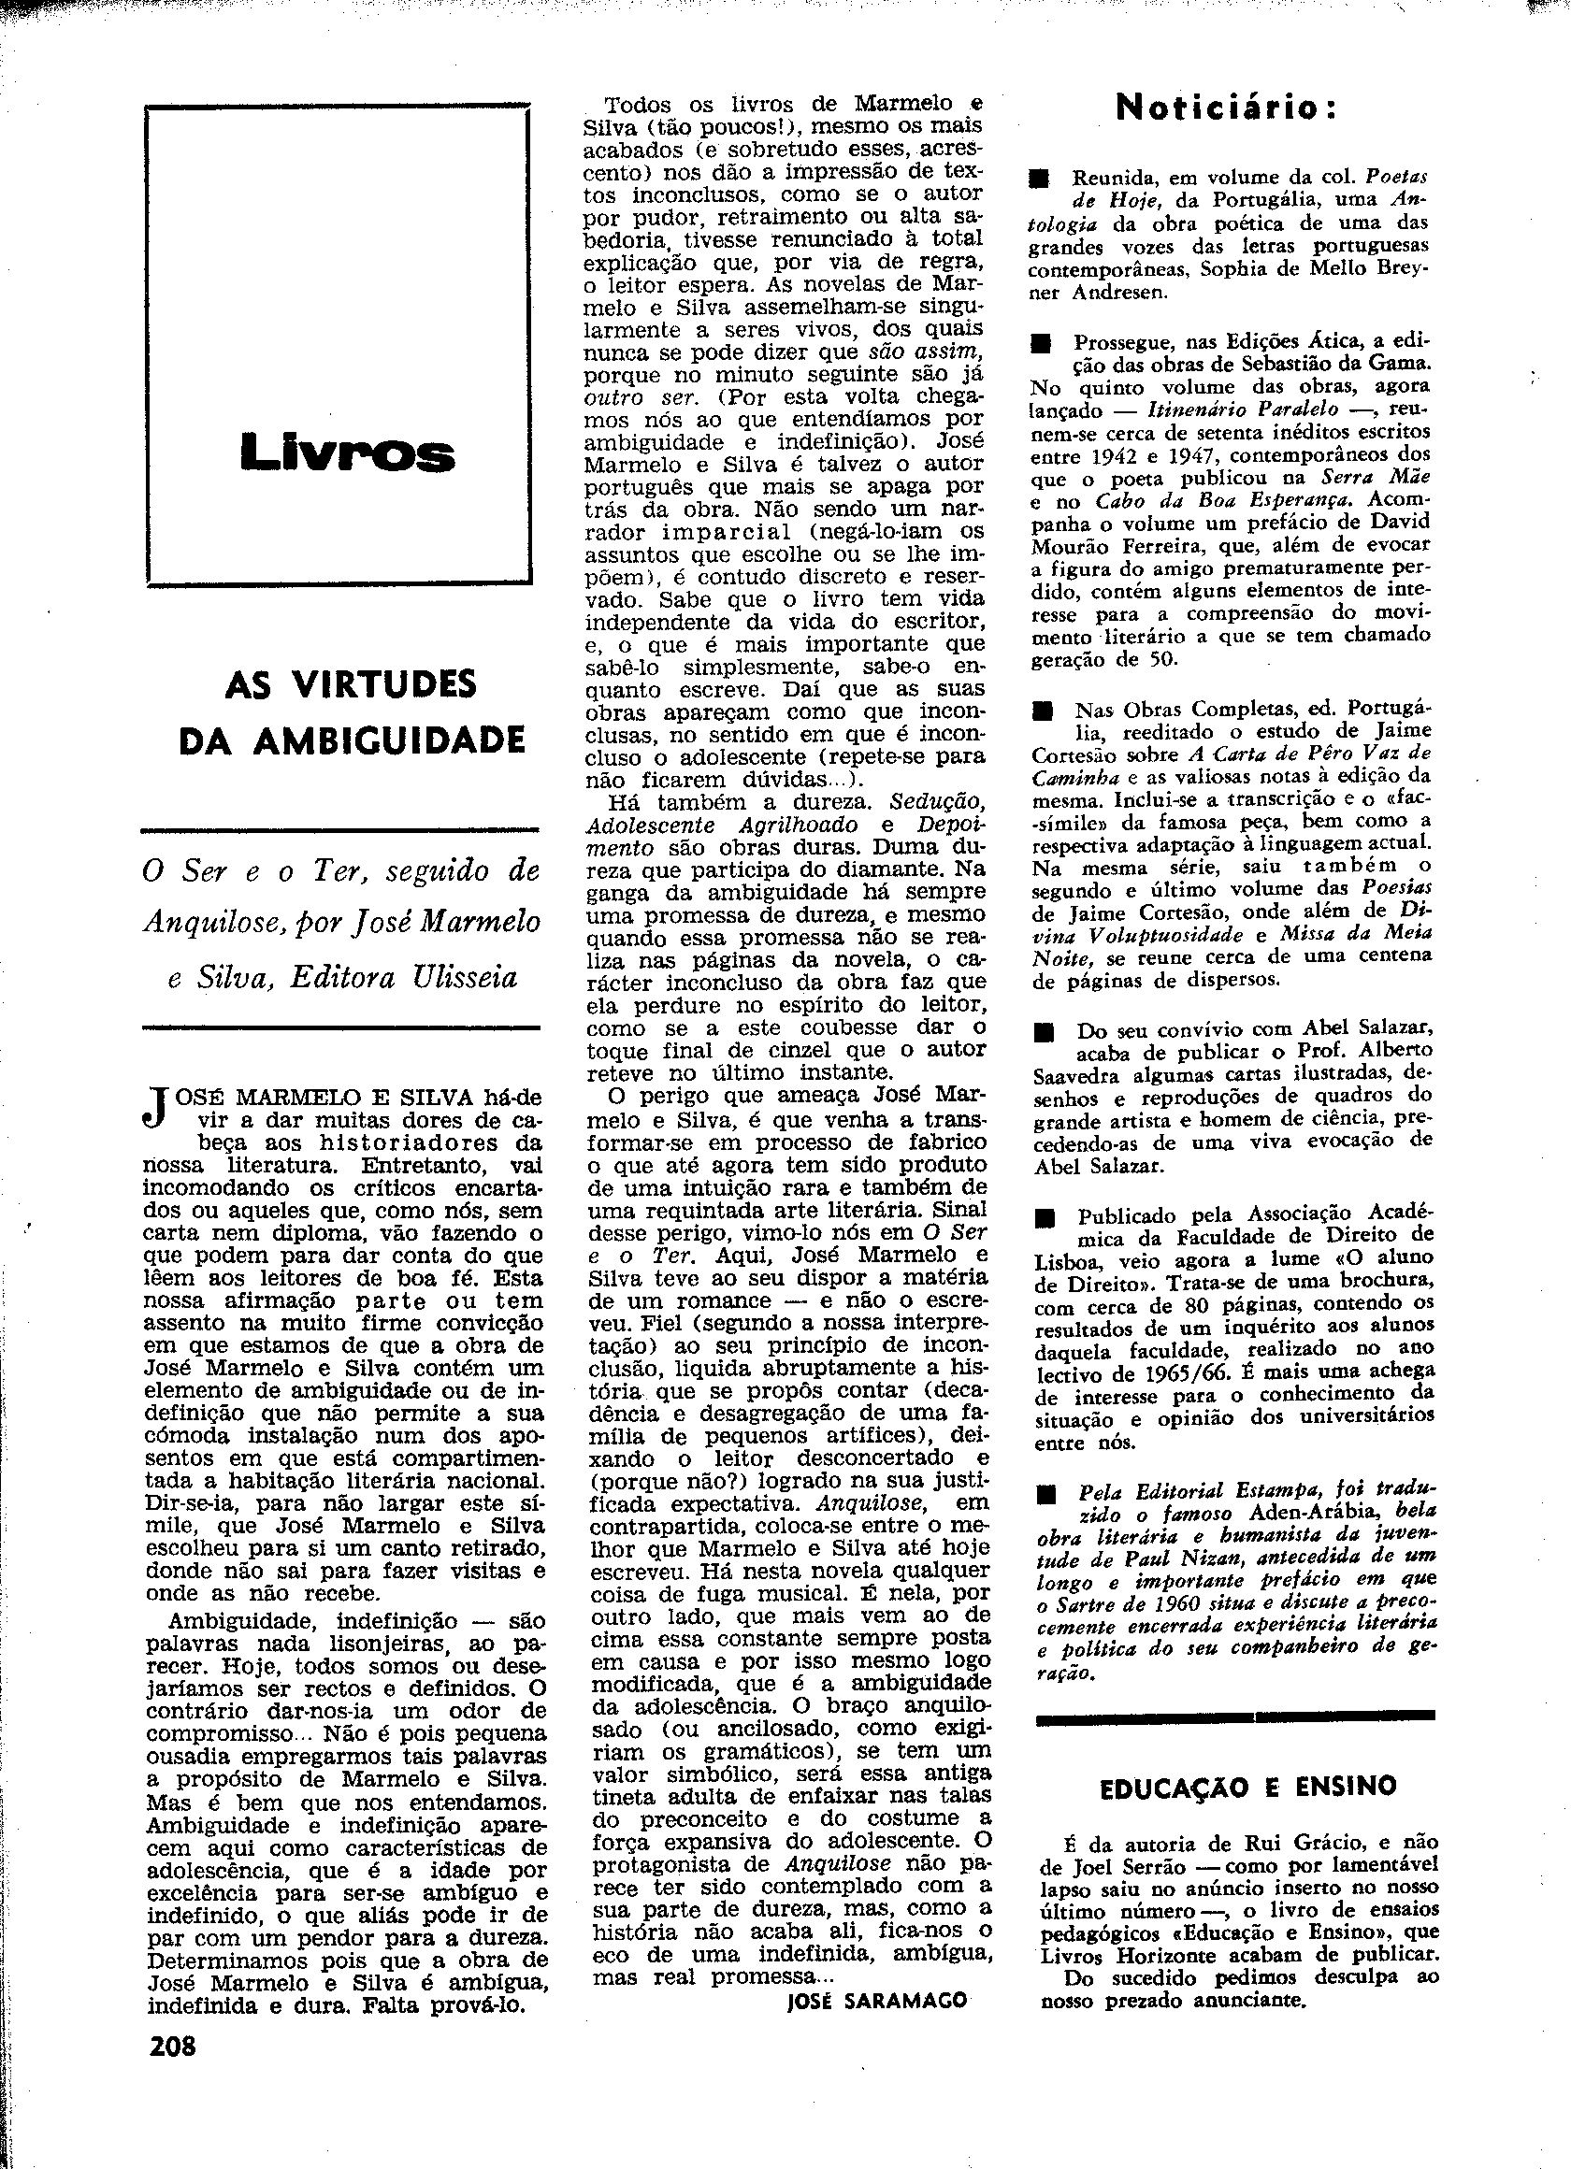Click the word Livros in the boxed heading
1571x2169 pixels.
point(348,452)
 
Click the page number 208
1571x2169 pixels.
point(173,2046)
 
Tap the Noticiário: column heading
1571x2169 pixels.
point(1227,109)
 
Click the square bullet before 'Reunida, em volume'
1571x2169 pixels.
point(1040,179)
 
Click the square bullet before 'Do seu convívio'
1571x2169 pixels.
point(1044,1033)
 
